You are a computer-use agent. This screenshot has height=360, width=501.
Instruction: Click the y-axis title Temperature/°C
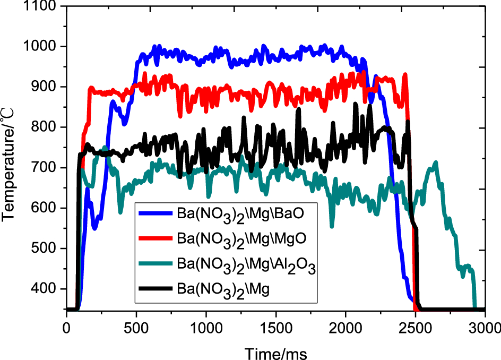(9, 159)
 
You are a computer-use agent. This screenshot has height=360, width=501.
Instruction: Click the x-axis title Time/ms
(275, 352)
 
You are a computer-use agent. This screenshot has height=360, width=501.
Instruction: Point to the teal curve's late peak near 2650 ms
(436, 163)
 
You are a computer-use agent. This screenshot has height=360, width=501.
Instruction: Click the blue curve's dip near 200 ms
(94, 228)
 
